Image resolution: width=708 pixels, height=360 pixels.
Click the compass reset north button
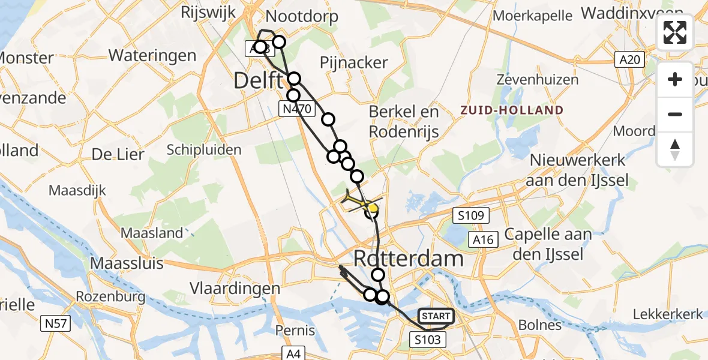[x=675, y=149]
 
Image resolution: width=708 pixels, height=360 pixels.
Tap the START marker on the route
[x=436, y=316]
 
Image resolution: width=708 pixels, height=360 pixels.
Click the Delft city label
[x=258, y=80]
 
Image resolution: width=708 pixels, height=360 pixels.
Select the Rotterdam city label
[x=409, y=259]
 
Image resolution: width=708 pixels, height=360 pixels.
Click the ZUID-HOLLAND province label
[x=512, y=110]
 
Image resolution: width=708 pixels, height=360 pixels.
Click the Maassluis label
[x=122, y=263]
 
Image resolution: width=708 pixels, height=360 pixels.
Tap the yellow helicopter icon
[x=359, y=202]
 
